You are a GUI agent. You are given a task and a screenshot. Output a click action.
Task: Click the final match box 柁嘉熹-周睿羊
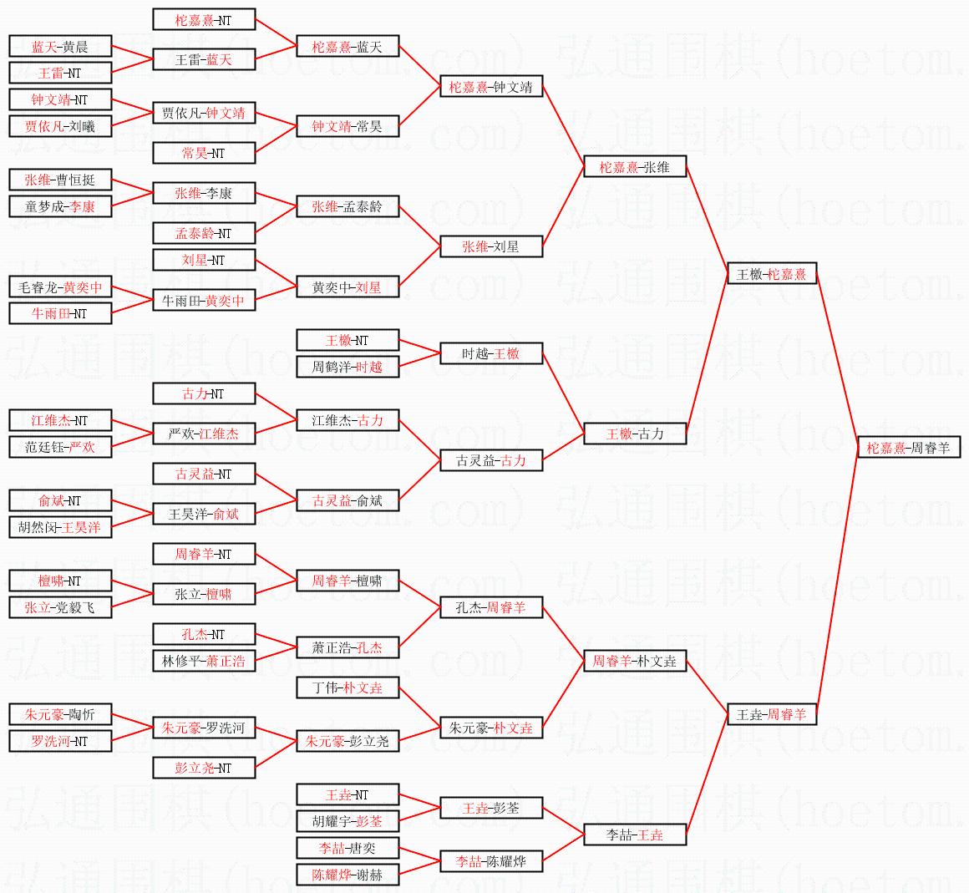coord(908,448)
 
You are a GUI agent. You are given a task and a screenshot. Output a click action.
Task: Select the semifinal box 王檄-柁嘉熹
coord(771,274)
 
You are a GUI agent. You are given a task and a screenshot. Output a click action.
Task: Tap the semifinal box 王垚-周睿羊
coord(771,714)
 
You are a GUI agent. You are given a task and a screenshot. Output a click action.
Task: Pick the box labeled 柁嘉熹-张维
coord(634,167)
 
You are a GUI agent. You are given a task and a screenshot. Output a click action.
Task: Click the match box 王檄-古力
coord(634,434)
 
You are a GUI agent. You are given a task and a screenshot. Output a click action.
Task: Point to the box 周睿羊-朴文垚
coord(634,661)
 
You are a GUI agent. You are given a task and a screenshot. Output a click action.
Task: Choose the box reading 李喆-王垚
coord(634,835)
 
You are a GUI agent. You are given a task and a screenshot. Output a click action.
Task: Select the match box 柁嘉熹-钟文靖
coord(491,87)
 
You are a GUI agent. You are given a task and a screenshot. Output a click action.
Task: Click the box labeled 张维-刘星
coord(491,246)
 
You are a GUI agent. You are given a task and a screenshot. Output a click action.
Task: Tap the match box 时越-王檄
coord(491,353)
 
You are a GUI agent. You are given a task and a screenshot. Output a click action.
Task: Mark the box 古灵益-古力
coord(491,460)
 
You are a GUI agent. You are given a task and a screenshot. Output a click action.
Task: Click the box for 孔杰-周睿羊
coord(491,607)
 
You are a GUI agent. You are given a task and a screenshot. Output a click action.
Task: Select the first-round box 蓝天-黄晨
coord(59,47)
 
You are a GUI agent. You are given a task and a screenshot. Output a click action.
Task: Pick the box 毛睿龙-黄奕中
coord(59,287)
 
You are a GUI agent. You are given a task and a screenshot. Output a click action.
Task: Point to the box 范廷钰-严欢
coord(59,447)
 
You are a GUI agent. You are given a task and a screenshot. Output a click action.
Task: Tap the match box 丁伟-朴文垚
coord(348,688)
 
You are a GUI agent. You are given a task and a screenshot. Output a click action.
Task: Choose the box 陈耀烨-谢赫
coord(348,875)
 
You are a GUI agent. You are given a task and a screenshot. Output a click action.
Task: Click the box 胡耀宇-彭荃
coord(348,821)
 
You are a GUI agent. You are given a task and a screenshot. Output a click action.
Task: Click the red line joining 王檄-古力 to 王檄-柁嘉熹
coord(708,354)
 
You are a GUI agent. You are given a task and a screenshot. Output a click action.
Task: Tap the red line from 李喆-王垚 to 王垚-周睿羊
coord(708,774)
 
